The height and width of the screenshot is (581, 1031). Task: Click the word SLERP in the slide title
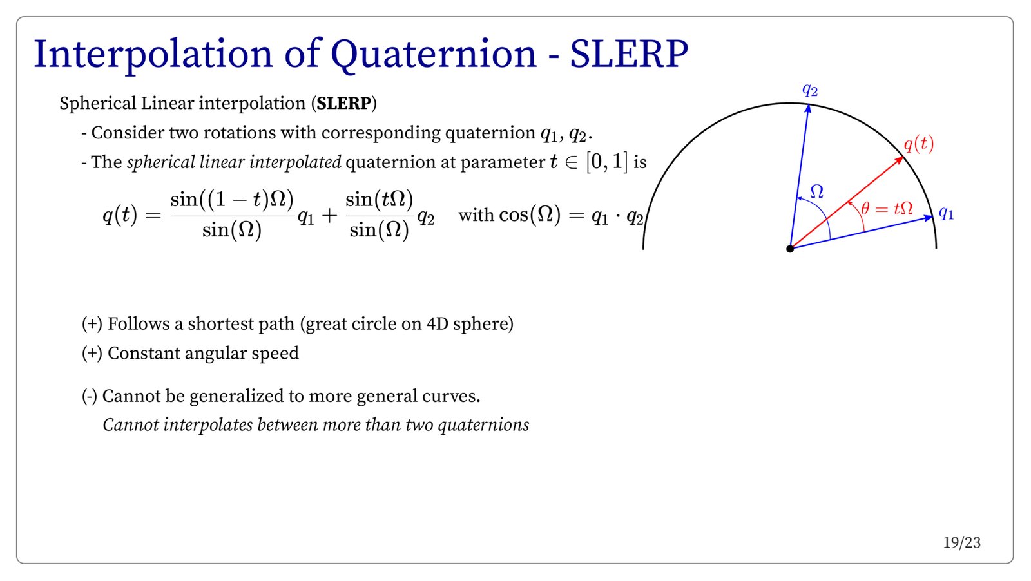tap(629, 54)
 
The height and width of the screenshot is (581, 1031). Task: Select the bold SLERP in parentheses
tap(344, 103)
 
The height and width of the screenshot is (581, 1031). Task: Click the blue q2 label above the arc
tap(809, 90)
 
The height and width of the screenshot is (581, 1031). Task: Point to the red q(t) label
tap(919, 144)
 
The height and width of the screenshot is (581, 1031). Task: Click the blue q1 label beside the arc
tap(946, 213)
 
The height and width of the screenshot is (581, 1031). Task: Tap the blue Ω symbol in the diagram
tap(816, 191)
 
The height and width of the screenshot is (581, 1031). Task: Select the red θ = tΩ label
tap(887, 209)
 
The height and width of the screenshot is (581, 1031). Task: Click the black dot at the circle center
tap(790, 249)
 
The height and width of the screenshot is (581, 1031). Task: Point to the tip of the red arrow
tap(903, 157)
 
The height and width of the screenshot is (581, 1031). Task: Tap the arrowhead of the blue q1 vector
tap(932, 217)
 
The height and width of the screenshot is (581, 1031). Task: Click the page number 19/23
tap(961, 543)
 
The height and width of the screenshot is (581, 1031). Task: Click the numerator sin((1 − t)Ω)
tap(232, 200)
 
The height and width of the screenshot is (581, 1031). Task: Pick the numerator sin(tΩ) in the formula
tap(380, 200)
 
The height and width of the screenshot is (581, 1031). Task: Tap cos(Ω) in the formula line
tap(530, 215)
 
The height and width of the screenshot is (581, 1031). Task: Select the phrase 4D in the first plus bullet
tap(437, 324)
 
